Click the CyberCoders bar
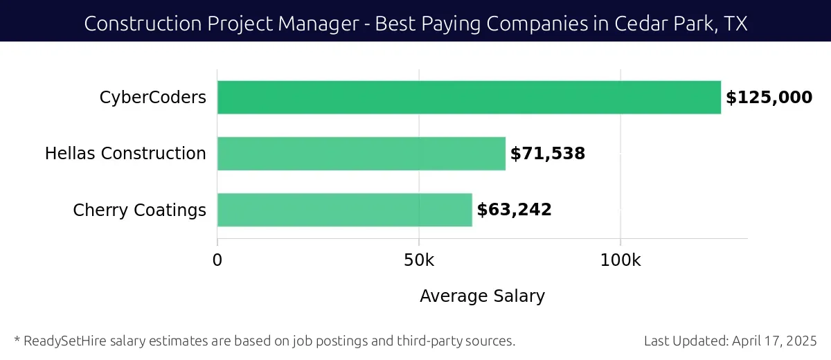(469, 98)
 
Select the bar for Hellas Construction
(361, 154)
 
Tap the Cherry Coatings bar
(345, 210)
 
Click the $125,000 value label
(769, 98)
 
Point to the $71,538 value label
(548, 154)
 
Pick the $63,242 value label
(515, 210)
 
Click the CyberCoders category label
(153, 98)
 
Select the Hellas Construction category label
(125, 154)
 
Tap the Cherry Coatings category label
(139, 210)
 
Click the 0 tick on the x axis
(217, 260)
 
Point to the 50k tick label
(419, 260)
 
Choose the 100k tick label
(620, 260)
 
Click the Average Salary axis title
(482, 296)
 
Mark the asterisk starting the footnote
(17, 339)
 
